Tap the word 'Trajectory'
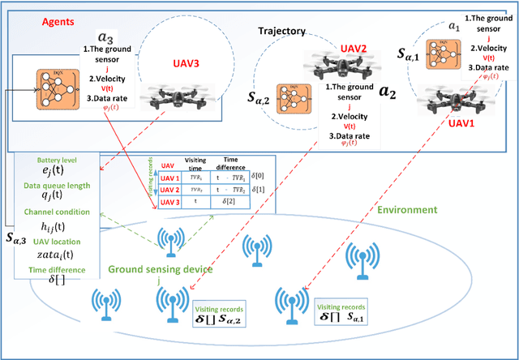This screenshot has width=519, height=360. tap(281, 32)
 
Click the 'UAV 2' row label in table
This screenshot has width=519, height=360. tap(168, 189)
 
